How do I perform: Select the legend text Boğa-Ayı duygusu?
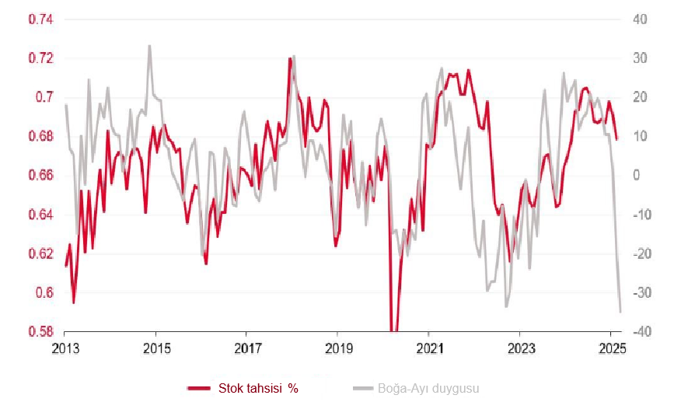[x=428, y=387]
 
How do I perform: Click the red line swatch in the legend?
[x=200, y=387]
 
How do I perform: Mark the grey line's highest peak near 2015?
[x=149, y=46]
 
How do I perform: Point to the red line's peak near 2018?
[x=289, y=58]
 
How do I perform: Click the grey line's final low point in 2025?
[x=620, y=312]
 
